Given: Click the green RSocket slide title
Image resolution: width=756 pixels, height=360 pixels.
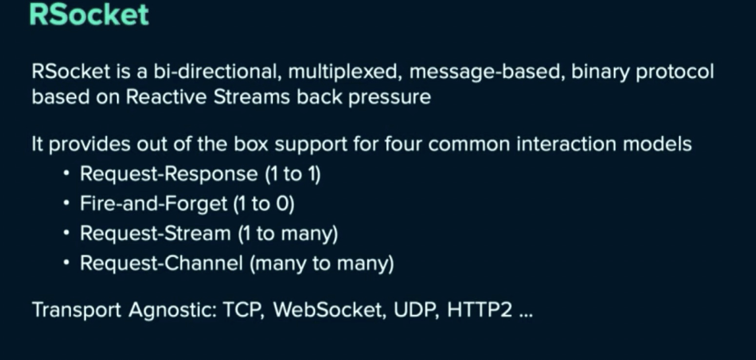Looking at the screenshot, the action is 89,15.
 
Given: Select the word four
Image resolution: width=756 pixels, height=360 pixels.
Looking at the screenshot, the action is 403,144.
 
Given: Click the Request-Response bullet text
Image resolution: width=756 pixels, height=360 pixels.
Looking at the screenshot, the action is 168,175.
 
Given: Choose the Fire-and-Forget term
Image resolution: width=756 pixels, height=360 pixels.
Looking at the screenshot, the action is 153,204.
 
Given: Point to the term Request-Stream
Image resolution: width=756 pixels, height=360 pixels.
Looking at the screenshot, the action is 155,234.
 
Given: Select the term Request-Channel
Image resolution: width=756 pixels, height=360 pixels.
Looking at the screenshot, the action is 161,263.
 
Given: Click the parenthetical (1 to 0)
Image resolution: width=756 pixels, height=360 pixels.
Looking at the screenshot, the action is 264,204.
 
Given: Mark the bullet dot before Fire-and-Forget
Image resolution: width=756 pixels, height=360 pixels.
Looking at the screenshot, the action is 66,202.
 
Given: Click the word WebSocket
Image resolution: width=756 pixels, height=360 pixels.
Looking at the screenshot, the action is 327,310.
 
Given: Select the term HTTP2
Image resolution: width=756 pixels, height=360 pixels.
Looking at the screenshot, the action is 479,310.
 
